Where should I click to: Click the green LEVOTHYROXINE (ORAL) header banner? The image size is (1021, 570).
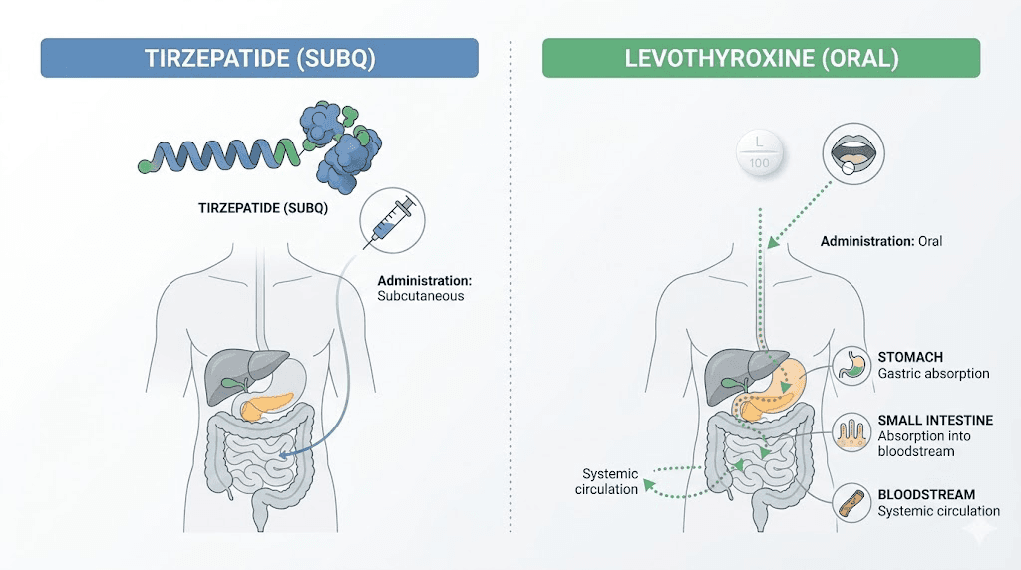762,58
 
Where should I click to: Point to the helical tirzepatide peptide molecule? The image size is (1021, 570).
219,155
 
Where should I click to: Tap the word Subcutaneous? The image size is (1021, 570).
420,296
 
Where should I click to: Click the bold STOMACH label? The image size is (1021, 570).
910,357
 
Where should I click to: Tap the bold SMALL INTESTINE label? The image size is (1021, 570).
933,421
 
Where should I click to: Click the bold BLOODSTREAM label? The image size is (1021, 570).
926,494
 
